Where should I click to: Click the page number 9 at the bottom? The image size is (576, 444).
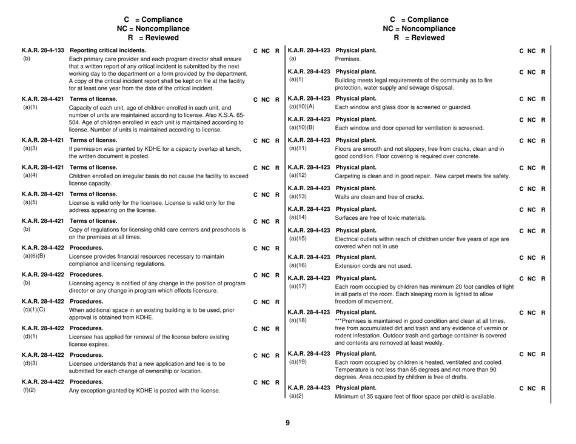(287, 423)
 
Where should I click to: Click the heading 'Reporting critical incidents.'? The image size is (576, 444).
(108, 50)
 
